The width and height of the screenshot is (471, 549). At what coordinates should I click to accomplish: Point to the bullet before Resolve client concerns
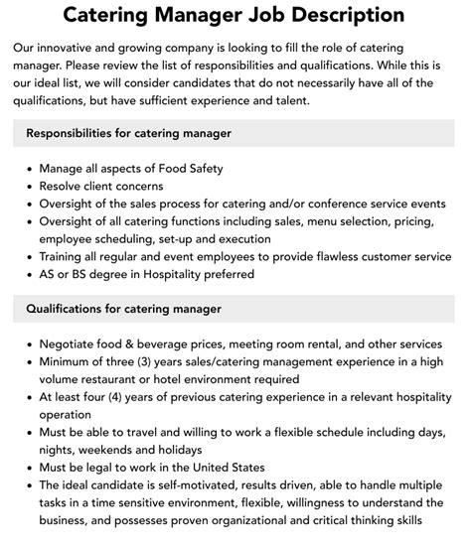(28, 186)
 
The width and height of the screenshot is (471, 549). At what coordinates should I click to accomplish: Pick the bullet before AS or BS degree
(28, 274)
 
